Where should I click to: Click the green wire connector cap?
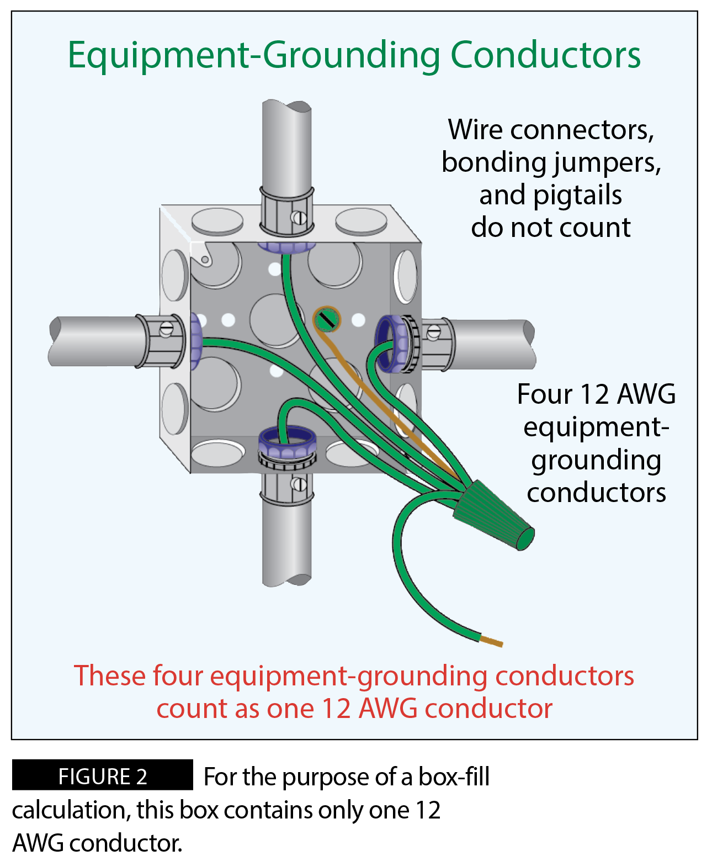pos(493,515)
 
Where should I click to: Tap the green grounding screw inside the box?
pos(326,319)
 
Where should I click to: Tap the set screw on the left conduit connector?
pos(166,330)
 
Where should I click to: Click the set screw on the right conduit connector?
pos(434,332)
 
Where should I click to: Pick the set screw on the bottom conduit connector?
pos(300,485)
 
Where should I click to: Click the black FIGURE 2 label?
pos(103,776)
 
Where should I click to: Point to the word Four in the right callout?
pos(544,394)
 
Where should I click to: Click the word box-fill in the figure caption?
pos(454,777)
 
